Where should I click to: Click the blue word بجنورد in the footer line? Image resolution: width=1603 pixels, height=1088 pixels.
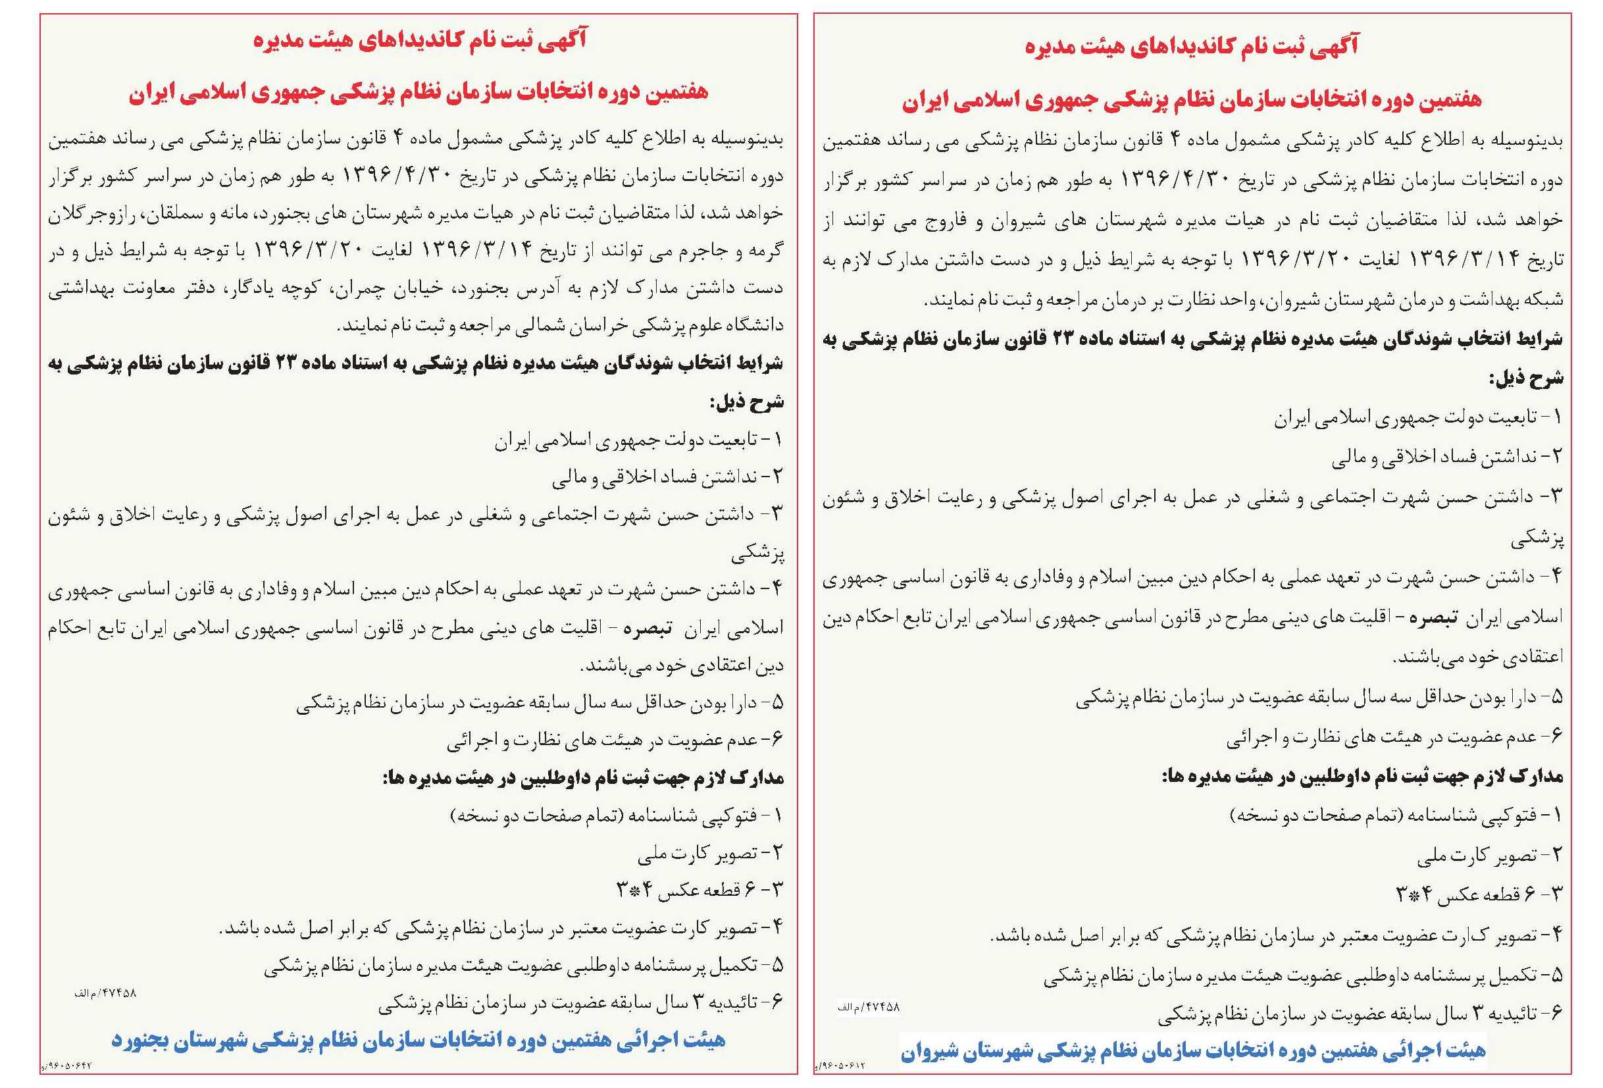143,1041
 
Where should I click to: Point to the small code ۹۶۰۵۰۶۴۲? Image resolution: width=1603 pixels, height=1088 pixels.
69,1066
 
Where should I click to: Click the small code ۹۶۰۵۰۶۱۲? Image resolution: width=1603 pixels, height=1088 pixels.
842,1066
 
